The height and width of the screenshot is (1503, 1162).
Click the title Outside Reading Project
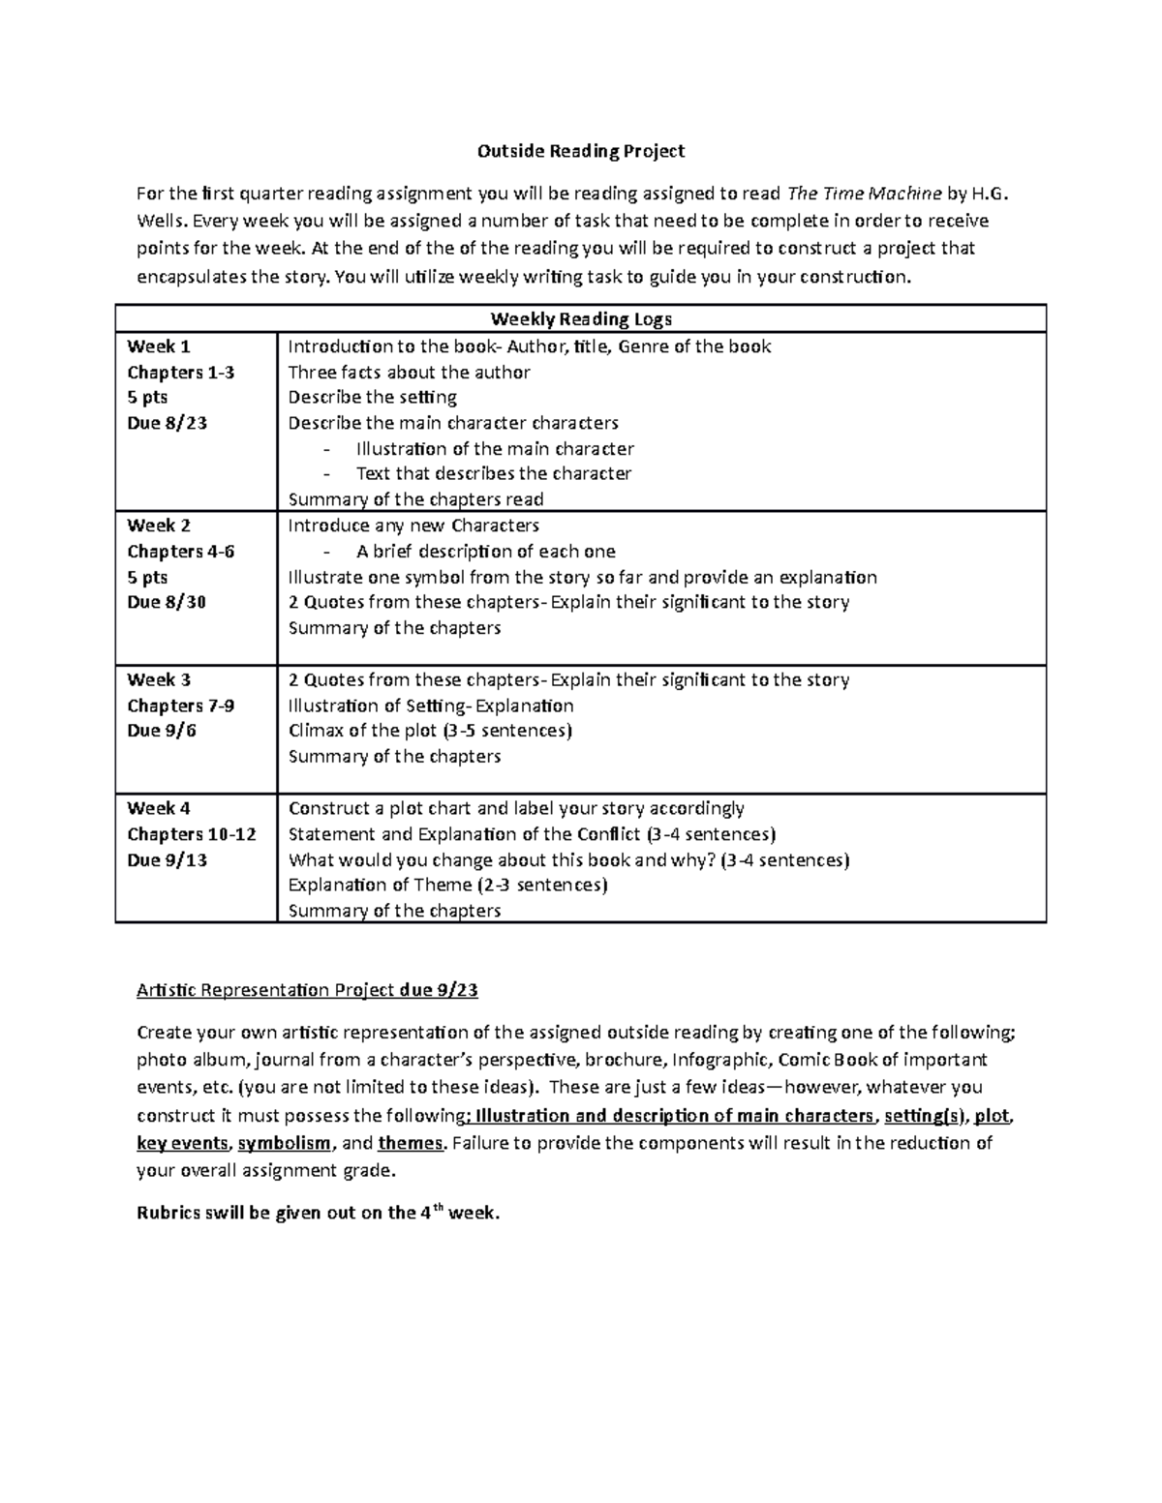pos(581,151)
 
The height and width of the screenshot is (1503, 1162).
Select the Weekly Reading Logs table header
pos(581,319)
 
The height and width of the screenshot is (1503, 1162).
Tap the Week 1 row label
pos(159,346)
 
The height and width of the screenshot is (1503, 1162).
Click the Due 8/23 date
pos(167,423)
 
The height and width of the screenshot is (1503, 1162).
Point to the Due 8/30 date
pos(167,602)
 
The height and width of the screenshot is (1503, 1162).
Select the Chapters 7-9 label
pos(180,706)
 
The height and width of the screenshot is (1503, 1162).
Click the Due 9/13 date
pos(167,859)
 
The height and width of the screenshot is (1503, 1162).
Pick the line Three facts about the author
pos(409,373)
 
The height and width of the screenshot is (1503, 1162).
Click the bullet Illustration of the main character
pos(494,449)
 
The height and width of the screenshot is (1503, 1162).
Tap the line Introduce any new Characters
pos(413,526)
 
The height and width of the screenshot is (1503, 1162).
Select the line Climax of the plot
pos(430,731)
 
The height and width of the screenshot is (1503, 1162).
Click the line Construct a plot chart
pos(516,808)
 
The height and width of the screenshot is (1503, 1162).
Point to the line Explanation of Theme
pos(447,885)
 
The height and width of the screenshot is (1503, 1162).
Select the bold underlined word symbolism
pos(285,1143)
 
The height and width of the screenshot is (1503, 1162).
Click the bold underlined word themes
pos(411,1143)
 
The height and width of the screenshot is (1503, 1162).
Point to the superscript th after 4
pos(436,1207)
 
